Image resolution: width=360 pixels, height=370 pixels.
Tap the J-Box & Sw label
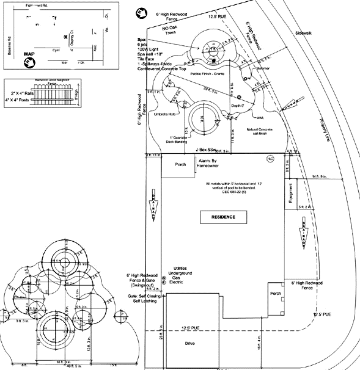[x=207, y=150]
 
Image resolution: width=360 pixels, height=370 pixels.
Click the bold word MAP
[x=29, y=54]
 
